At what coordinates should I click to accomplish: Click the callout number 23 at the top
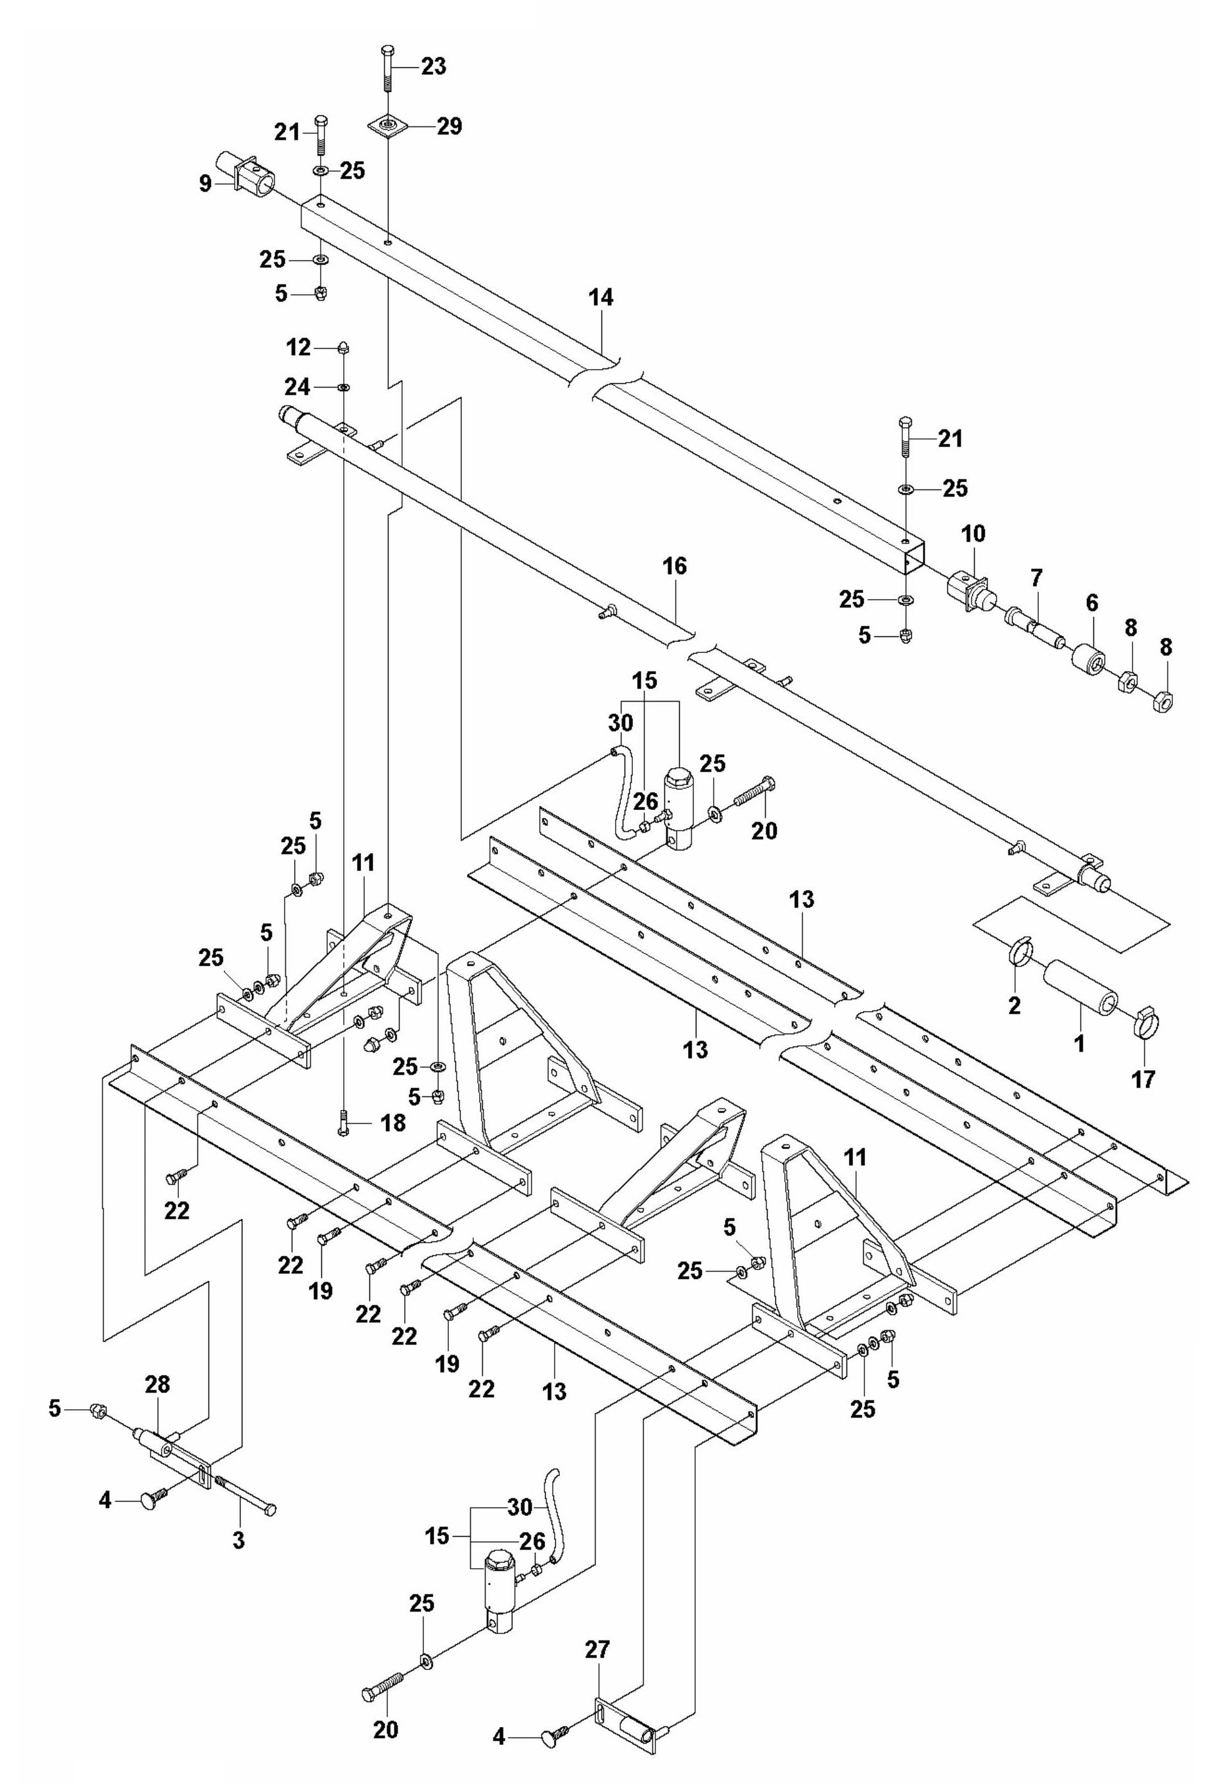433,66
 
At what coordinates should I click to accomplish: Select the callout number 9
205,185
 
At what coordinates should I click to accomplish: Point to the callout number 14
602,297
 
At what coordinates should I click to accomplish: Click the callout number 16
676,567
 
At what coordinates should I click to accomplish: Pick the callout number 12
298,347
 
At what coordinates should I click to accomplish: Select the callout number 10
973,533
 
